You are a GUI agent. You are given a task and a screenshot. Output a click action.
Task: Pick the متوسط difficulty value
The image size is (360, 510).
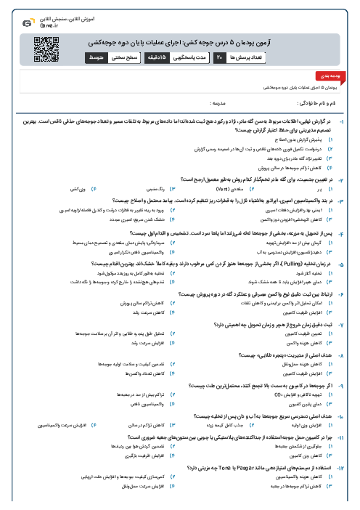point(97,55)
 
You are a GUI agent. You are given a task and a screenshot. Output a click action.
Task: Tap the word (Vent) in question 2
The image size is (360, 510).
point(185,188)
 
